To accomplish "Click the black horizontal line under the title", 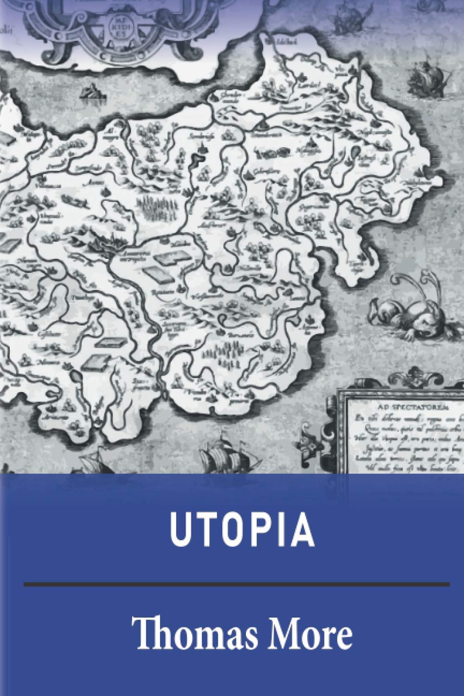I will pos(237,583).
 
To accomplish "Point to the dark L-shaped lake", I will pos(197,160).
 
